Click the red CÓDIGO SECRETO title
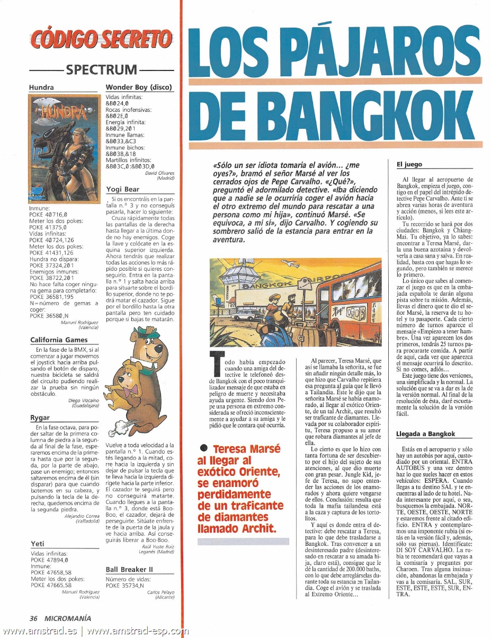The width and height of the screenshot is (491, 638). (101, 40)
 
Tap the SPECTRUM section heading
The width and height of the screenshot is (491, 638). (102, 69)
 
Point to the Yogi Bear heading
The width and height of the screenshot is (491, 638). (122, 189)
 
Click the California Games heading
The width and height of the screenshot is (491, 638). (59, 339)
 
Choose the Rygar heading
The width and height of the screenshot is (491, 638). (40, 418)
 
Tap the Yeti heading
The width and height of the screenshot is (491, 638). (38, 544)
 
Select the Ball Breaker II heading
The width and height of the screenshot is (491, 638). (129, 569)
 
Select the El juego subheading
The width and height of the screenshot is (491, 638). (409, 164)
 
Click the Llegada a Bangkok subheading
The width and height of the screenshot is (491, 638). (425, 434)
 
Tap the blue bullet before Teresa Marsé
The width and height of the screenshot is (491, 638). (203, 449)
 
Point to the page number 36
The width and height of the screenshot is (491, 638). (34, 618)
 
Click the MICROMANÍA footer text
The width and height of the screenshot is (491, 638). (68, 618)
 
